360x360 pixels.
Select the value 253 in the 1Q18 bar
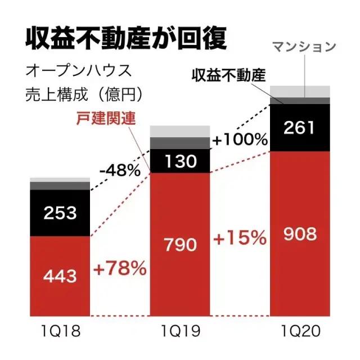[60, 213]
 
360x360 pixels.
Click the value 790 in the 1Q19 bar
[179, 245]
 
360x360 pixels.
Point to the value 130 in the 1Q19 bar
[179, 162]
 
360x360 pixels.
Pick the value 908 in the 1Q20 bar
[300, 232]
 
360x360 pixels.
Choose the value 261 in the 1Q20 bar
[300, 128]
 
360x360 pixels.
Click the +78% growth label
[120, 268]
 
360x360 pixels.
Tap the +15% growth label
[240, 238]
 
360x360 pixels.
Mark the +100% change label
[240, 139]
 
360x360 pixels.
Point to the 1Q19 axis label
[179, 331]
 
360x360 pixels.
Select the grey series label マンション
[304, 47]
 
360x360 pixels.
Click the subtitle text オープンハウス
[78, 71]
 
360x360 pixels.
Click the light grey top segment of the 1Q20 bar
[300, 91]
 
